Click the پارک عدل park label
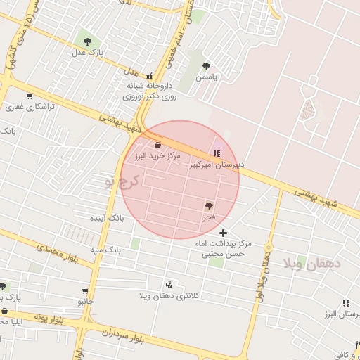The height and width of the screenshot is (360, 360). [89, 52]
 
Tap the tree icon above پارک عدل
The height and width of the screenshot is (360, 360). [88, 39]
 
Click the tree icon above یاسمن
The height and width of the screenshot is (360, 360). [206, 66]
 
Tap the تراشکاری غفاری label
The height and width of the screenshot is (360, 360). [25, 108]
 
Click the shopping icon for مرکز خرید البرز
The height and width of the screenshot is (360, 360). [157, 145]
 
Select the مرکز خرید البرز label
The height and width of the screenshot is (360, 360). [157, 155]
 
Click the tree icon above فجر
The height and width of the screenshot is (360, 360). [209, 206]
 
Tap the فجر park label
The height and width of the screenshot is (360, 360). [209, 217]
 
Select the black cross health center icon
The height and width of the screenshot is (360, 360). [224, 233]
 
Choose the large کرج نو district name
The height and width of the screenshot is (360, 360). [121, 183]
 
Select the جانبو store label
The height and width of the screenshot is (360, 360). [85, 301]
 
